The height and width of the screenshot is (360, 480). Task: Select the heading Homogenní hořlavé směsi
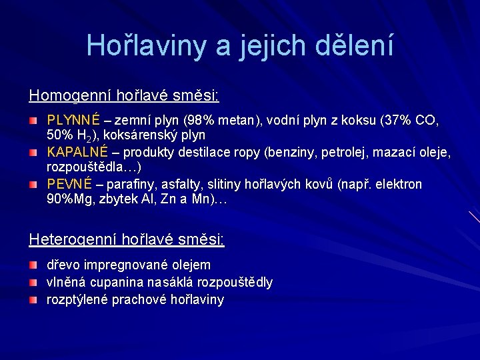[124, 95]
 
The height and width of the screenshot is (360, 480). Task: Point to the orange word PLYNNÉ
[73, 121]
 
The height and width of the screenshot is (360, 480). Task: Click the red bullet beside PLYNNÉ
[33, 121]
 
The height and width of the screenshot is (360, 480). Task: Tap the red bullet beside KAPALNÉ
[33, 153]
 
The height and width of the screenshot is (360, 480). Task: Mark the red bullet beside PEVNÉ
[33, 184]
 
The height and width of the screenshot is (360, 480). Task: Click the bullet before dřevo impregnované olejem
[33, 265]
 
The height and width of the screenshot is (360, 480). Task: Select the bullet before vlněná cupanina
[33, 283]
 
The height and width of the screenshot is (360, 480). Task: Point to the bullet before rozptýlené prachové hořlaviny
[33, 300]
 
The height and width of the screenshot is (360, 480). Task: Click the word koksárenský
[146, 137]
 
